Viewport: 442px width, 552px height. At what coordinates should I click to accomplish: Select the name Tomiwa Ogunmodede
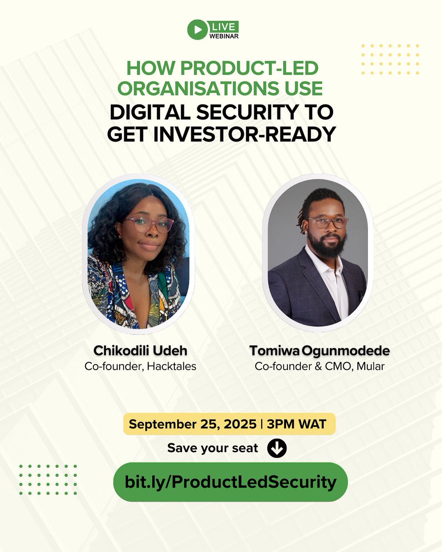point(319,351)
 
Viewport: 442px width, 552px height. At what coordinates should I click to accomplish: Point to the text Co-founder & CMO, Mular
point(319,367)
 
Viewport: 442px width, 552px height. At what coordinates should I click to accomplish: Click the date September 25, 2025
point(192,424)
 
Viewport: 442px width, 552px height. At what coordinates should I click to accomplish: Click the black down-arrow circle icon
point(277,448)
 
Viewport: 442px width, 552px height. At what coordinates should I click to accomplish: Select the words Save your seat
point(212,448)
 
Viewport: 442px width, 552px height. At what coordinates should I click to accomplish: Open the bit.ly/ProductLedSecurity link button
point(230,482)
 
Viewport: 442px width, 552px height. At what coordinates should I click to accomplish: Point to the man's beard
point(328,246)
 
